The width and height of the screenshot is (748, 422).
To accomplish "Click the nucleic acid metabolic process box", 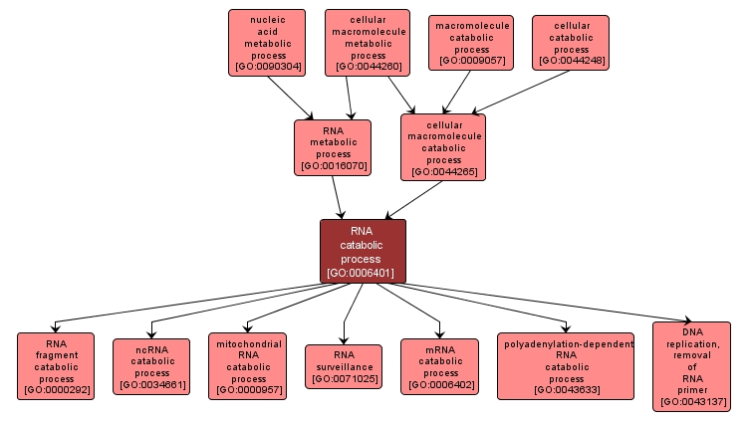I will tap(266, 43).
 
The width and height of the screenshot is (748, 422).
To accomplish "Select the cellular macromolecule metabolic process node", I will tap(367, 43).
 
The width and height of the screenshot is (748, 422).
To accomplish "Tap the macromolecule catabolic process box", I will tap(470, 43).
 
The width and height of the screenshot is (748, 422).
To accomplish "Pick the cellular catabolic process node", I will tap(571, 43).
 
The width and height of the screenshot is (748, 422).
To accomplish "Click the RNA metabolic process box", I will tap(333, 147).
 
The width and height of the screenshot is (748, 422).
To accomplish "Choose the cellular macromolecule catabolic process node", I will tap(443, 147).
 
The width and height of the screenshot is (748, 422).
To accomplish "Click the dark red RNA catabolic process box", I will tap(364, 251).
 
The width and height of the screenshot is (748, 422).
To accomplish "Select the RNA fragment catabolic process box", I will tap(56, 366).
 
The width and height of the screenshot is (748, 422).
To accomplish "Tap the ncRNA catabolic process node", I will tap(151, 366).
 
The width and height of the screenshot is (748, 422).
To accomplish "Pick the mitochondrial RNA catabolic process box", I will tap(248, 366).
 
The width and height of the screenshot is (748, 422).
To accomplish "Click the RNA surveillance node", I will tap(344, 366).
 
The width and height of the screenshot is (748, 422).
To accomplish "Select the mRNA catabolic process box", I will tap(440, 366).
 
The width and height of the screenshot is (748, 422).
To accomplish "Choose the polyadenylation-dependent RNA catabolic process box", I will tap(566, 366).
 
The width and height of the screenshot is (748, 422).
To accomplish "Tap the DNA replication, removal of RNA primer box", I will tap(691, 366).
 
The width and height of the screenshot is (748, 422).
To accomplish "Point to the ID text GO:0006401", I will tap(364, 272).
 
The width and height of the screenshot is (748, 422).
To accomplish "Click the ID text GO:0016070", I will tap(333, 166).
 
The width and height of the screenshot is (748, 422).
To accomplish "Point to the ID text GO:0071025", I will tap(344, 378).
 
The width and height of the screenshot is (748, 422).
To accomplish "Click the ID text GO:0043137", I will tap(691, 402).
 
